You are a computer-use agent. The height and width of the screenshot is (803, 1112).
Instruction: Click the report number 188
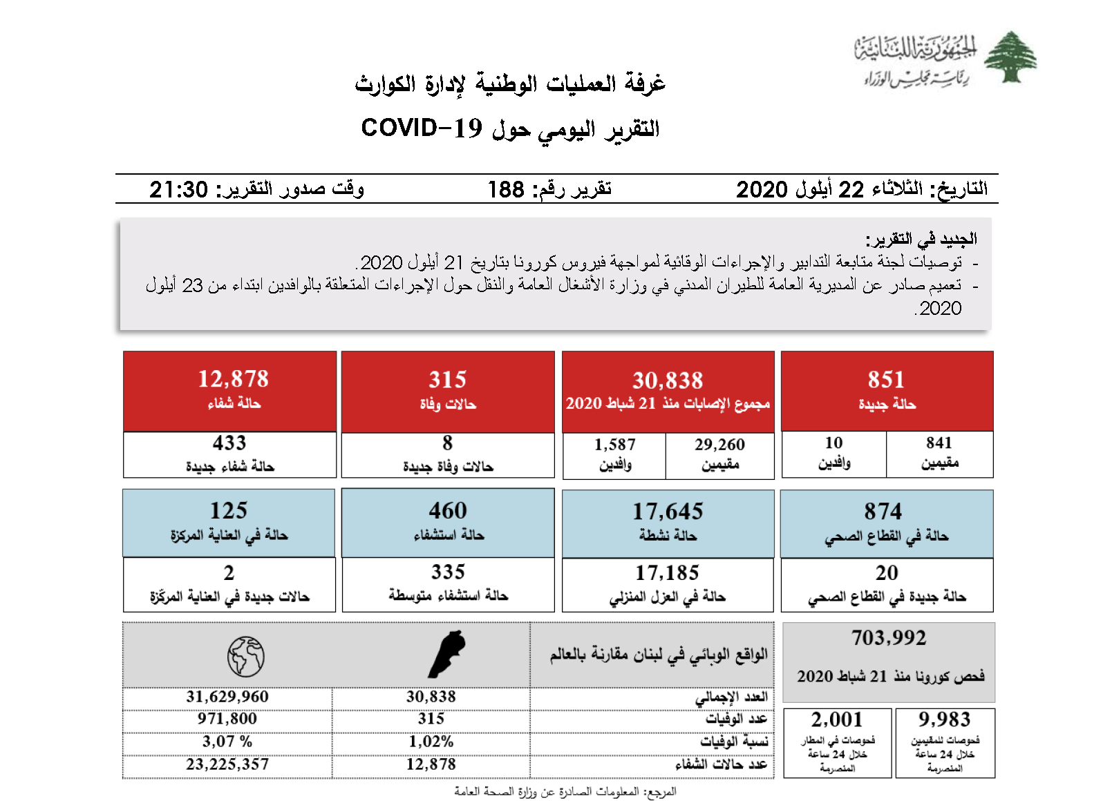click(x=506, y=189)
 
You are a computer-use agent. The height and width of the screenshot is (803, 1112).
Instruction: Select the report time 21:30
click(x=178, y=189)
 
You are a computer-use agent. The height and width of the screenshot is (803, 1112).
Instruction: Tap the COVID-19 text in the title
click(x=421, y=128)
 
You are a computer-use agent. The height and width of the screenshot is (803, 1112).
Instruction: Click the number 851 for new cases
click(x=886, y=380)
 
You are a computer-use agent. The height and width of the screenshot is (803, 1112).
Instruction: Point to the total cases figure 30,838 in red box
click(x=668, y=380)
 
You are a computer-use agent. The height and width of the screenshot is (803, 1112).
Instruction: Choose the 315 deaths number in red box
click(x=447, y=380)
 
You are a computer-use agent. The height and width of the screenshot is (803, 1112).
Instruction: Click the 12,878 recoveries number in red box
click(x=233, y=379)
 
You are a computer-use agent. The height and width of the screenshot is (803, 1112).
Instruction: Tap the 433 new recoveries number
click(x=229, y=443)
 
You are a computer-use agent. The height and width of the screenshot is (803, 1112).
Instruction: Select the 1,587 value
click(x=614, y=445)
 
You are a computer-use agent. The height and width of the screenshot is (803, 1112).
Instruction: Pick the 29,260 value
click(x=719, y=445)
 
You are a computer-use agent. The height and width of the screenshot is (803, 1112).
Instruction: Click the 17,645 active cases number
click(x=668, y=512)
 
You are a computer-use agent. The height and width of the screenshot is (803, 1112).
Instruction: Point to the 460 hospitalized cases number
click(x=447, y=511)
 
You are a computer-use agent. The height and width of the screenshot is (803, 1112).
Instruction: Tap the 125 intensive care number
click(x=229, y=511)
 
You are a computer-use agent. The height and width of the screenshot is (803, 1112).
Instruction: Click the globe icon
click(x=245, y=656)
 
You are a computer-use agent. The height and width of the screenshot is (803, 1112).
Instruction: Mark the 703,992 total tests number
click(x=889, y=638)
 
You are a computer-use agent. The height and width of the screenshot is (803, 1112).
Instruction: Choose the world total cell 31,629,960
click(x=227, y=697)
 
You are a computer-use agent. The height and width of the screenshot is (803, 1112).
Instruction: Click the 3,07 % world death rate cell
click(x=227, y=742)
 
